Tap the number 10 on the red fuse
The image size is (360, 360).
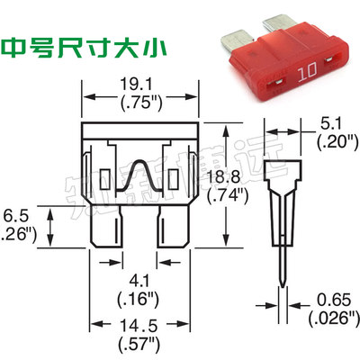click(304, 67)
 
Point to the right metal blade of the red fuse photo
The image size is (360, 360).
click(276, 24)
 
